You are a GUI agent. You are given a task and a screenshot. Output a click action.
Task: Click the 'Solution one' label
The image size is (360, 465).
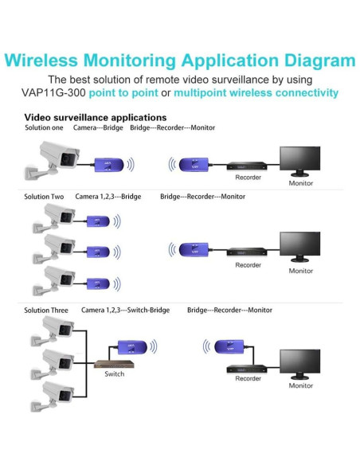(x=45, y=127)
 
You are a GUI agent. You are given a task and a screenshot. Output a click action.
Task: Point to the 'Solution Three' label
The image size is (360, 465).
(x=47, y=310)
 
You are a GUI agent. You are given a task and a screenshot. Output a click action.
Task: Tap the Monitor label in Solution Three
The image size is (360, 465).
(x=301, y=385)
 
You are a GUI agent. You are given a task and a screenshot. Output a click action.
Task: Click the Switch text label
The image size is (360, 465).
(x=114, y=373)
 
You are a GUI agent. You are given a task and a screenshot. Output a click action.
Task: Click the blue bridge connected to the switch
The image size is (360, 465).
(x=131, y=346)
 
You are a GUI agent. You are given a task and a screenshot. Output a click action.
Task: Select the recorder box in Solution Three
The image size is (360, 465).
(x=247, y=369)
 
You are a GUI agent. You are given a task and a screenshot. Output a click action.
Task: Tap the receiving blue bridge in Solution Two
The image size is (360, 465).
(x=190, y=248)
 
